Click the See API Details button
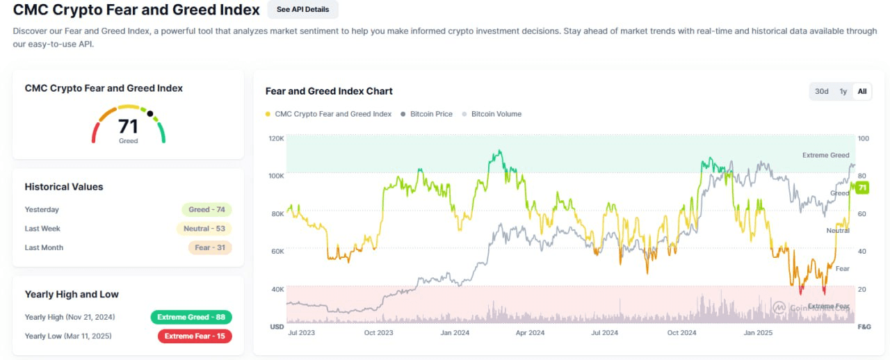tap(302, 10)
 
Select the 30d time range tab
tap(822, 92)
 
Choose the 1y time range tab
tap(843, 92)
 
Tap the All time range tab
tap(862, 92)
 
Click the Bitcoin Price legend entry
tap(431, 114)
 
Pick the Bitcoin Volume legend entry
tap(496, 114)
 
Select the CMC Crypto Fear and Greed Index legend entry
tap(333, 114)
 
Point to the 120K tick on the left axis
tap(276, 138)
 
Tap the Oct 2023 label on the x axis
tap(378, 333)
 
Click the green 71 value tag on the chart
tap(862, 188)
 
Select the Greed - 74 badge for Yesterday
tap(206, 210)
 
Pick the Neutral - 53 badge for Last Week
tap(204, 229)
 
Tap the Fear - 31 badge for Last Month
tap(209, 247)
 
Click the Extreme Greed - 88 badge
tap(191, 317)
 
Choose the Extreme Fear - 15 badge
tap(195, 336)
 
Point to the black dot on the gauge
tap(149, 113)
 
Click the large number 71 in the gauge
tap(128, 126)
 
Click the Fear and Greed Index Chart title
tap(329, 91)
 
